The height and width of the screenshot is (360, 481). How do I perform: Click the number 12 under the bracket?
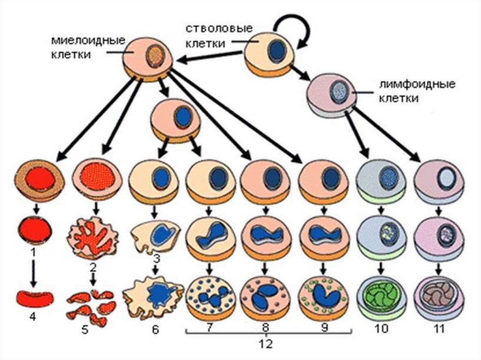265,344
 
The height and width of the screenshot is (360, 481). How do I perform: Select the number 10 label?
381,329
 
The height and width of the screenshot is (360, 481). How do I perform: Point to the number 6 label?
155,330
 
